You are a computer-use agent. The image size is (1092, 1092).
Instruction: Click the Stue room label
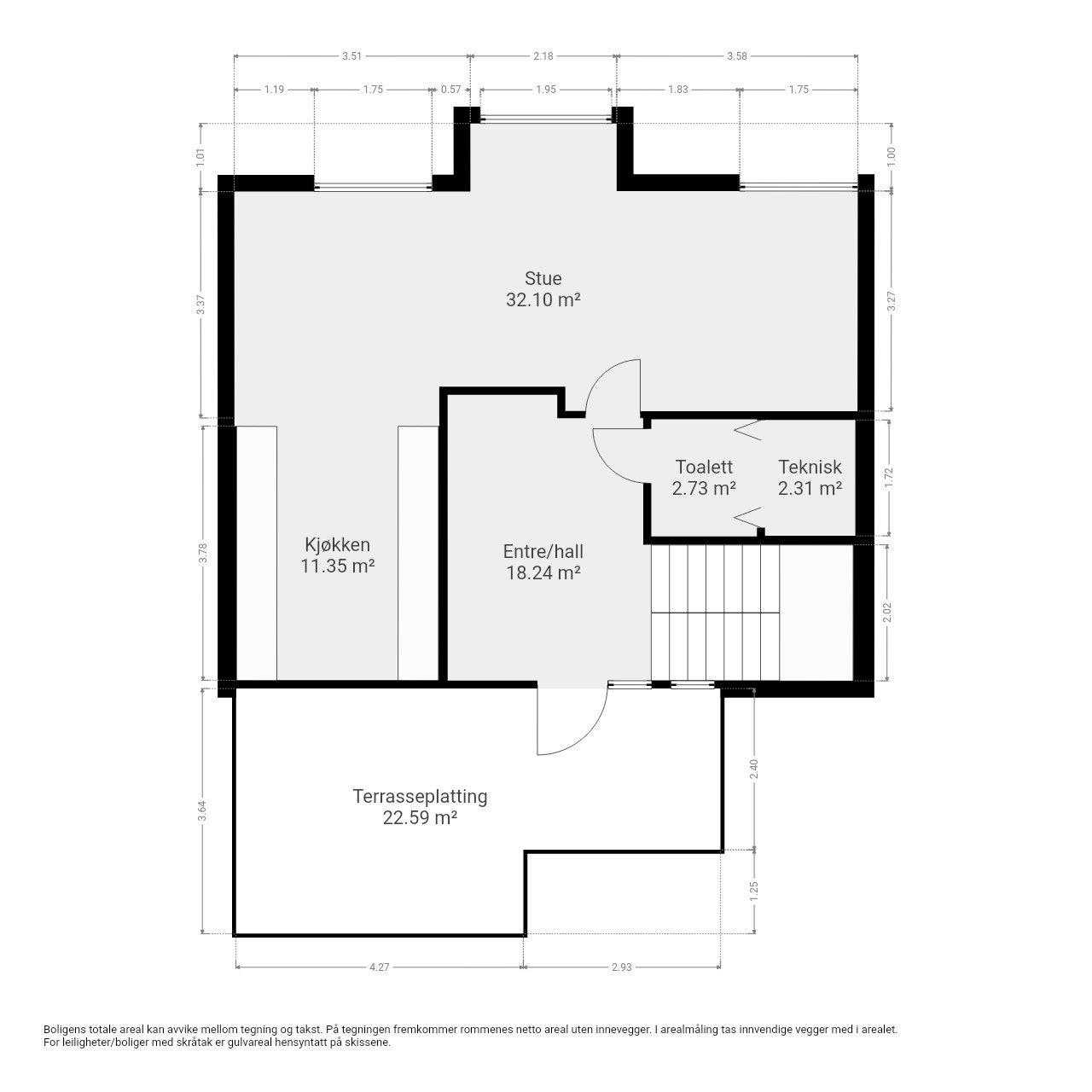tap(543, 278)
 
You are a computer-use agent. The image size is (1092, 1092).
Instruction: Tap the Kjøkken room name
tap(337, 544)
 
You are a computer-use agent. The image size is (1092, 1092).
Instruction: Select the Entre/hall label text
tap(543, 551)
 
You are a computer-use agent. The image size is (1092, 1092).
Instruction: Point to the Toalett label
tap(704, 467)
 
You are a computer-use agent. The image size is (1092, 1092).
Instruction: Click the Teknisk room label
tap(810, 467)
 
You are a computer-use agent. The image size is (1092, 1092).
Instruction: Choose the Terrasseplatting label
tap(420, 796)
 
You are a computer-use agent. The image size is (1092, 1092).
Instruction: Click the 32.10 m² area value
tap(543, 299)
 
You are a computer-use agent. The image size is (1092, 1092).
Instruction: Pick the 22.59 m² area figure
tap(420, 818)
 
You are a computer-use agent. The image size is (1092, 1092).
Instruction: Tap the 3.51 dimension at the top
tap(351, 56)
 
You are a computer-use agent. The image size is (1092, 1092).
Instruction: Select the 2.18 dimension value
tap(543, 56)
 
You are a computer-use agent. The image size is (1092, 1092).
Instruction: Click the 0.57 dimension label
tap(451, 90)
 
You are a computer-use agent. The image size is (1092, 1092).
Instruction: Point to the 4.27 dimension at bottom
tap(379, 967)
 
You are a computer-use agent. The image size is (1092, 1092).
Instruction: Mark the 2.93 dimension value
tap(622, 967)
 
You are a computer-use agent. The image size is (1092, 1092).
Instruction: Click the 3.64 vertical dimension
tap(202, 811)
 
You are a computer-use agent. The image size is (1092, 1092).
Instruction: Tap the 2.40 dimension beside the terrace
tap(753, 769)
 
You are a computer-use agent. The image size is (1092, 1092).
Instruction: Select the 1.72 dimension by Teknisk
tap(889, 478)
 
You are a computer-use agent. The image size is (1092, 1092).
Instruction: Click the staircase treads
tap(715, 613)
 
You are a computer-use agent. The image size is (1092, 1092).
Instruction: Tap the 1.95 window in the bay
tap(546, 119)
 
